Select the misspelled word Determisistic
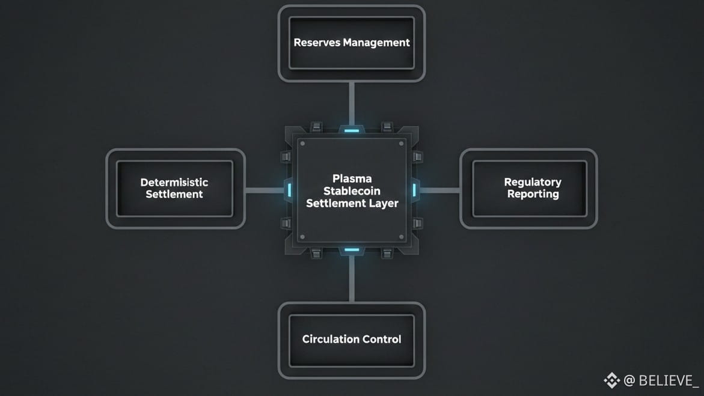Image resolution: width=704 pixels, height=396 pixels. point(174,182)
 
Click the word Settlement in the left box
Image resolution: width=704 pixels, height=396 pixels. point(174,195)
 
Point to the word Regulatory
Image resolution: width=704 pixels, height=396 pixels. point(533,182)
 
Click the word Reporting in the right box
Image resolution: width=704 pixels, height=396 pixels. point(533,194)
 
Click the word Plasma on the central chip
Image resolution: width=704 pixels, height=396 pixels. point(352,178)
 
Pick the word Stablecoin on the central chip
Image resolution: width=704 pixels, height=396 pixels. point(352,191)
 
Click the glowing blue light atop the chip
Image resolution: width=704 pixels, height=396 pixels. point(352,130)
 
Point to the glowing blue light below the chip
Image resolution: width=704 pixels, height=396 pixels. point(352,249)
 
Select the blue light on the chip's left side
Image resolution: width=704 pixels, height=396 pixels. point(290,190)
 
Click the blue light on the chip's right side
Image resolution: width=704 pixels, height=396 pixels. point(414,190)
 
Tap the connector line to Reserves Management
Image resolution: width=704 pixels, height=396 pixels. point(352,102)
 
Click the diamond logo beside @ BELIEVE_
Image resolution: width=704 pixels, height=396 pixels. point(611,380)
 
